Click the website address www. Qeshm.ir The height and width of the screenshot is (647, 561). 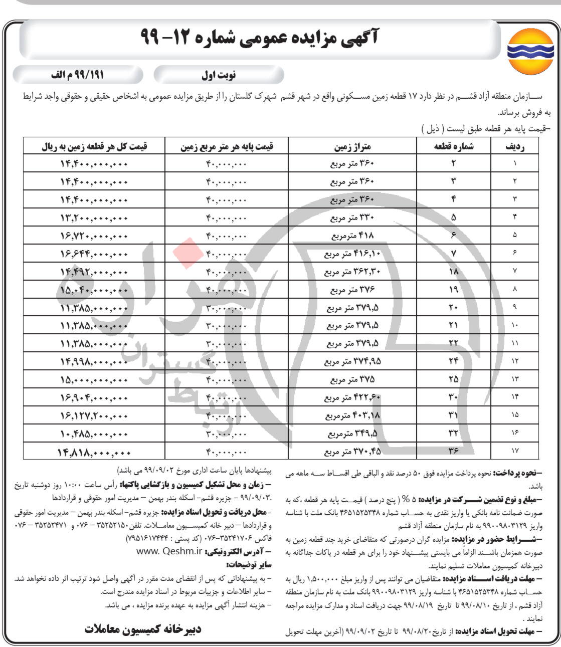coord(168,551)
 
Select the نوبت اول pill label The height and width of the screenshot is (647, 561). coord(219,76)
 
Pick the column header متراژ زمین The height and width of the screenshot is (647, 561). coord(352,146)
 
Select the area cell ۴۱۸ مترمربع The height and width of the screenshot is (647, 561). coord(352,236)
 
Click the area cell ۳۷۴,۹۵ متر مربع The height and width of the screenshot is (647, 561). coord(352,361)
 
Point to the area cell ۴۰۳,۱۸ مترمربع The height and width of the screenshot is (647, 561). coord(352,415)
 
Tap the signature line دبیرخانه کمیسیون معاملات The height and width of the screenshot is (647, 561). coord(142,629)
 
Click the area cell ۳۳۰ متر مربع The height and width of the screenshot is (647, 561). coord(352,218)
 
